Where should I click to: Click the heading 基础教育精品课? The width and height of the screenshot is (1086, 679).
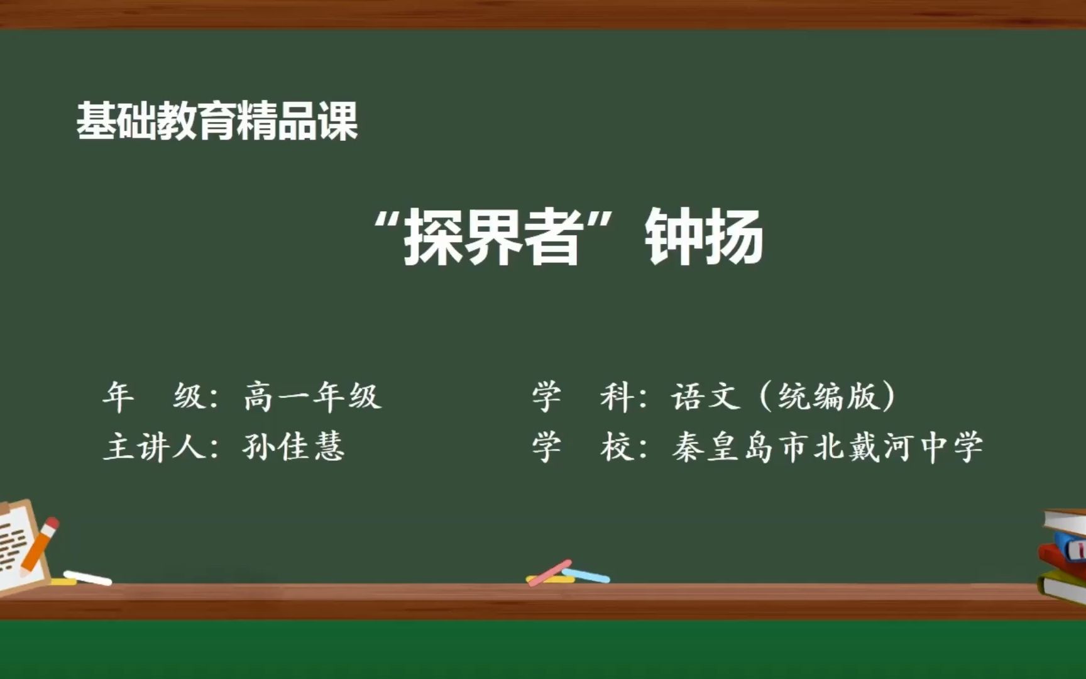click(217, 121)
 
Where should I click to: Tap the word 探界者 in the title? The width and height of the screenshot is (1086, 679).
click(491, 237)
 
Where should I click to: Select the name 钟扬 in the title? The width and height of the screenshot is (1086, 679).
click(704, 237)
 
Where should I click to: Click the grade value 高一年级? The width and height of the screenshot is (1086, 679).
click(312, 397)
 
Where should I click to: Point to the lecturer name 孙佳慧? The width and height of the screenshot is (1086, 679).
click(293, 447)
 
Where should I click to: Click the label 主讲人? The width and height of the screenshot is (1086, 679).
click(155, 447)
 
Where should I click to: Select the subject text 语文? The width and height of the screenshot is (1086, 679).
click(706, 397)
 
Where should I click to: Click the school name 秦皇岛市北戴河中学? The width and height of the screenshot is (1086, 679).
click(827, 447)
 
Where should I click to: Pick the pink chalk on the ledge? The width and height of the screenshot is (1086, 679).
click(549, 573)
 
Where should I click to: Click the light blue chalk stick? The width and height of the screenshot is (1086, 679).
click(586, 575)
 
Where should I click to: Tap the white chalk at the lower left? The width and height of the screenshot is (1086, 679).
click(87, 578)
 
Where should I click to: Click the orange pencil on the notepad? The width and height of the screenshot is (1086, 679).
click(39, 545)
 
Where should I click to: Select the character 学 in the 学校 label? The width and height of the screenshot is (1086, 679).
click(547, 447)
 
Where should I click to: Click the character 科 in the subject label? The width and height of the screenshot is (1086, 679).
click(616, 397)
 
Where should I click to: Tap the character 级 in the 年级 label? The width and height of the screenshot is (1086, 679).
click(189, 397)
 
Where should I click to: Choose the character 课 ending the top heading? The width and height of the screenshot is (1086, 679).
click(339, 121)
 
